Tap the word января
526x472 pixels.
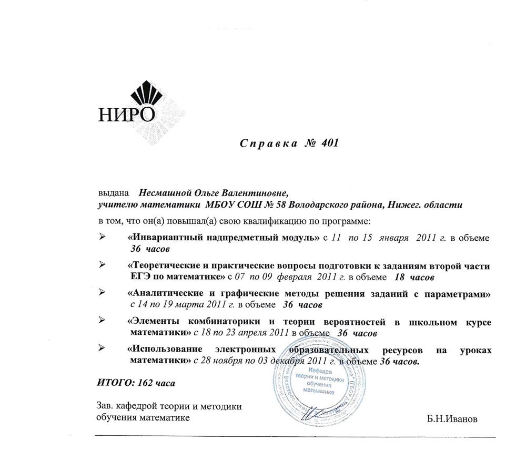393,238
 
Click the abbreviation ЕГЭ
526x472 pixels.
141,276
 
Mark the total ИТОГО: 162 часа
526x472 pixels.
136,383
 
